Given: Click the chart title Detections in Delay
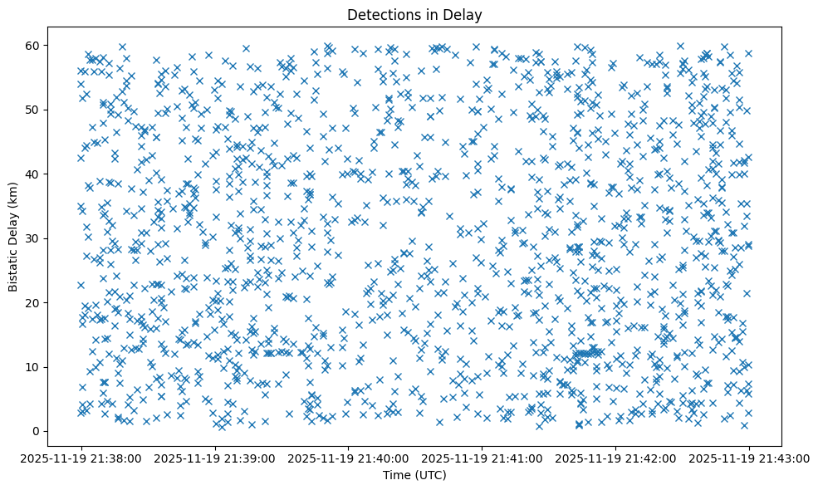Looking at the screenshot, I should (x=414, y=14).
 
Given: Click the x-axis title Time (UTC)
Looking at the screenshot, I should (x=414, y=475).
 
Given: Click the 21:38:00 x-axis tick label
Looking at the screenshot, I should (x=81, y=457).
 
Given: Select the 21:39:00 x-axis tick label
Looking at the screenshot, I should (x=215, y=457).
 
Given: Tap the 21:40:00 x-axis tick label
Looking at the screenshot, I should (x=349, y=457).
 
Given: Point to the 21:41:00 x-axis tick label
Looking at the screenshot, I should (x=482, y=457).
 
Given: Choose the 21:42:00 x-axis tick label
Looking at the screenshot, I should (x=615, y=457).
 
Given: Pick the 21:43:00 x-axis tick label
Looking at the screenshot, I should (x=749, y=457).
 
